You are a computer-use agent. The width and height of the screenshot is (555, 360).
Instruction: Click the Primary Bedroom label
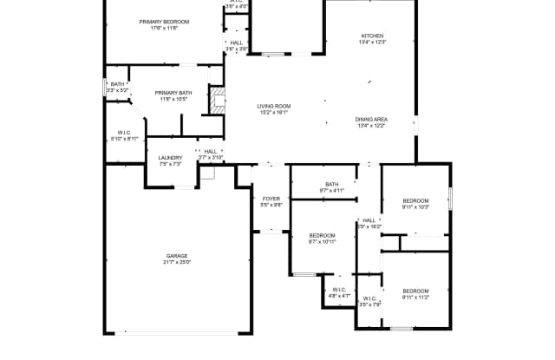(x=164, y=22)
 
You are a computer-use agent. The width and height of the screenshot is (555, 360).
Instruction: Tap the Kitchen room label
(x=373, y=36)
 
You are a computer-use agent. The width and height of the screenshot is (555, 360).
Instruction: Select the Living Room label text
(x=273, y=106)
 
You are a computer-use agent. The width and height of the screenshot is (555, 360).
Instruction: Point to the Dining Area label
(x=371, y=119)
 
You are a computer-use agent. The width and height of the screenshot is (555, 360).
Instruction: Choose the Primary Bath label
(x=173, y=93)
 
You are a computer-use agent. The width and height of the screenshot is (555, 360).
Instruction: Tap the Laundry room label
(x=170, y=158)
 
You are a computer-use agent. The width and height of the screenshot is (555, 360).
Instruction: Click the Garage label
(x=177, y=256)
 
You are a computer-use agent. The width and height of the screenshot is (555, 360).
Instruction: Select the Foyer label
(x=271, y=199)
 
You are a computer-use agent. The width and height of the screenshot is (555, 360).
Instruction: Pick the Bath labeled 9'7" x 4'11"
(x=331, y=184)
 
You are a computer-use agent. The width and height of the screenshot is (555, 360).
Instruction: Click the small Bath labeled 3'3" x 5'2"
(x=117, y=84)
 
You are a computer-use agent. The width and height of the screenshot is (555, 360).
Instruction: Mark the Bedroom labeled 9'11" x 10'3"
(x=415, y=200)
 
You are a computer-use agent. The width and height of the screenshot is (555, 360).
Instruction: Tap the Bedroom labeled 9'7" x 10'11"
(x=323, y=235)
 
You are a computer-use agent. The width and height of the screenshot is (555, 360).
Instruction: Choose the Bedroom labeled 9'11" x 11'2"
(x=415, y=291)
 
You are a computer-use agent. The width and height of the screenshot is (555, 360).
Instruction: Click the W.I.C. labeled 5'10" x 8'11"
(x=124, y=133)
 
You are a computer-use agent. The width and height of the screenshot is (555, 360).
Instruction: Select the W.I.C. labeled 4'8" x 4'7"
(x=339, y=290)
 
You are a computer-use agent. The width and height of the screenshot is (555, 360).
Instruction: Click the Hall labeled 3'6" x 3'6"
(x=237, y=43)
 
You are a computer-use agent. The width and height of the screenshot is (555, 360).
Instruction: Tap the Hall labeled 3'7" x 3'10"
(x=211, y=151)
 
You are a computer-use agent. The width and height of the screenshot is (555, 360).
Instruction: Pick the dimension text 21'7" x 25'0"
(x=177, y=262)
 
